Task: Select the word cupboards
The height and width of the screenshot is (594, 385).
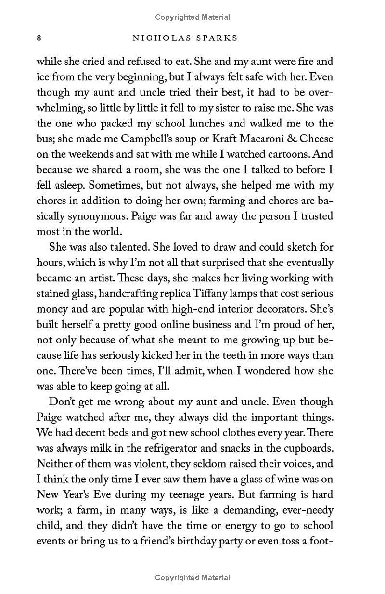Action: click(303, 448)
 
